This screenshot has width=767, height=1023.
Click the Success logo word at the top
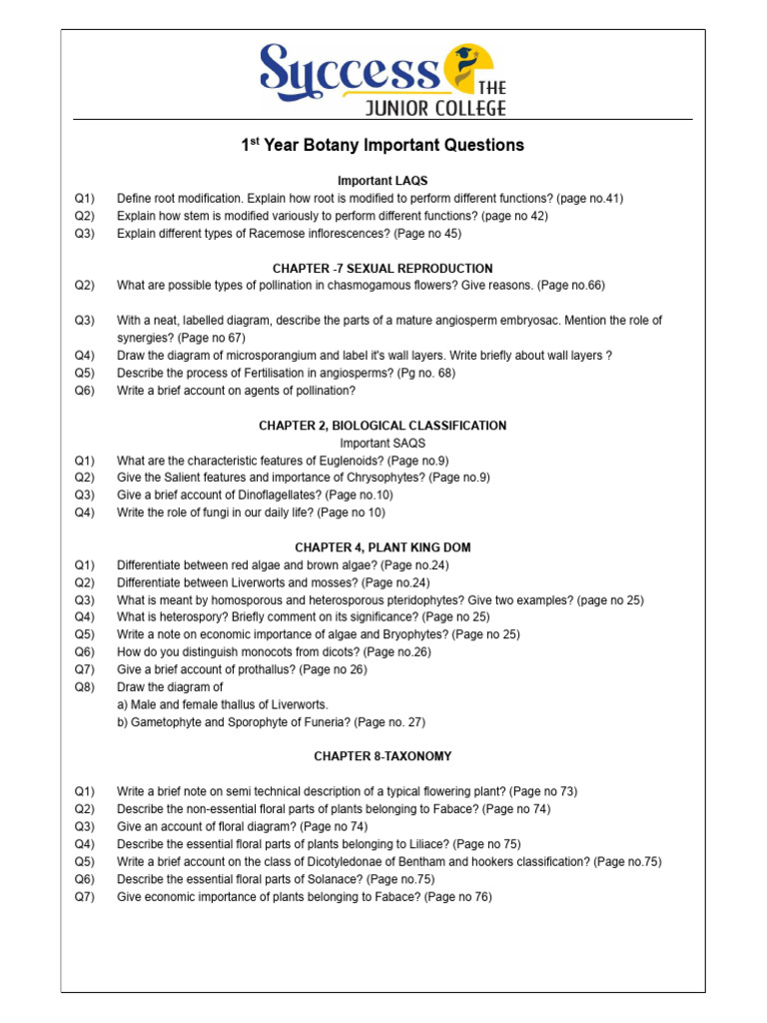click(x=349, y=70)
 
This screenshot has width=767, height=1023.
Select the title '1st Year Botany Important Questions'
click(x=383, y=145)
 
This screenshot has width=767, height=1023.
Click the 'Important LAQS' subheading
click(x=383, y=181)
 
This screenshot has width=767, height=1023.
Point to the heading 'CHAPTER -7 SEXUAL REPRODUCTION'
click(x=383, y=269)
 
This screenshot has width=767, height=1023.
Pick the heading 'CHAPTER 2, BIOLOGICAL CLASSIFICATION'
click(x=383, y=426)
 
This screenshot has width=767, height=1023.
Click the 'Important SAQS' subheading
click(x=383, y=443)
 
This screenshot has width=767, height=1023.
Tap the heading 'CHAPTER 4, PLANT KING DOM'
click(x=383, y=547)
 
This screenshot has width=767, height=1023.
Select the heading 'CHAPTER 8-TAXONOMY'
click(x=383, y=756)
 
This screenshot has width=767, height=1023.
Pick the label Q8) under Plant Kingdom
click(x=84, y=687)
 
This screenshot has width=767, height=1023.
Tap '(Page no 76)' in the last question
click(x=458, y=897)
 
